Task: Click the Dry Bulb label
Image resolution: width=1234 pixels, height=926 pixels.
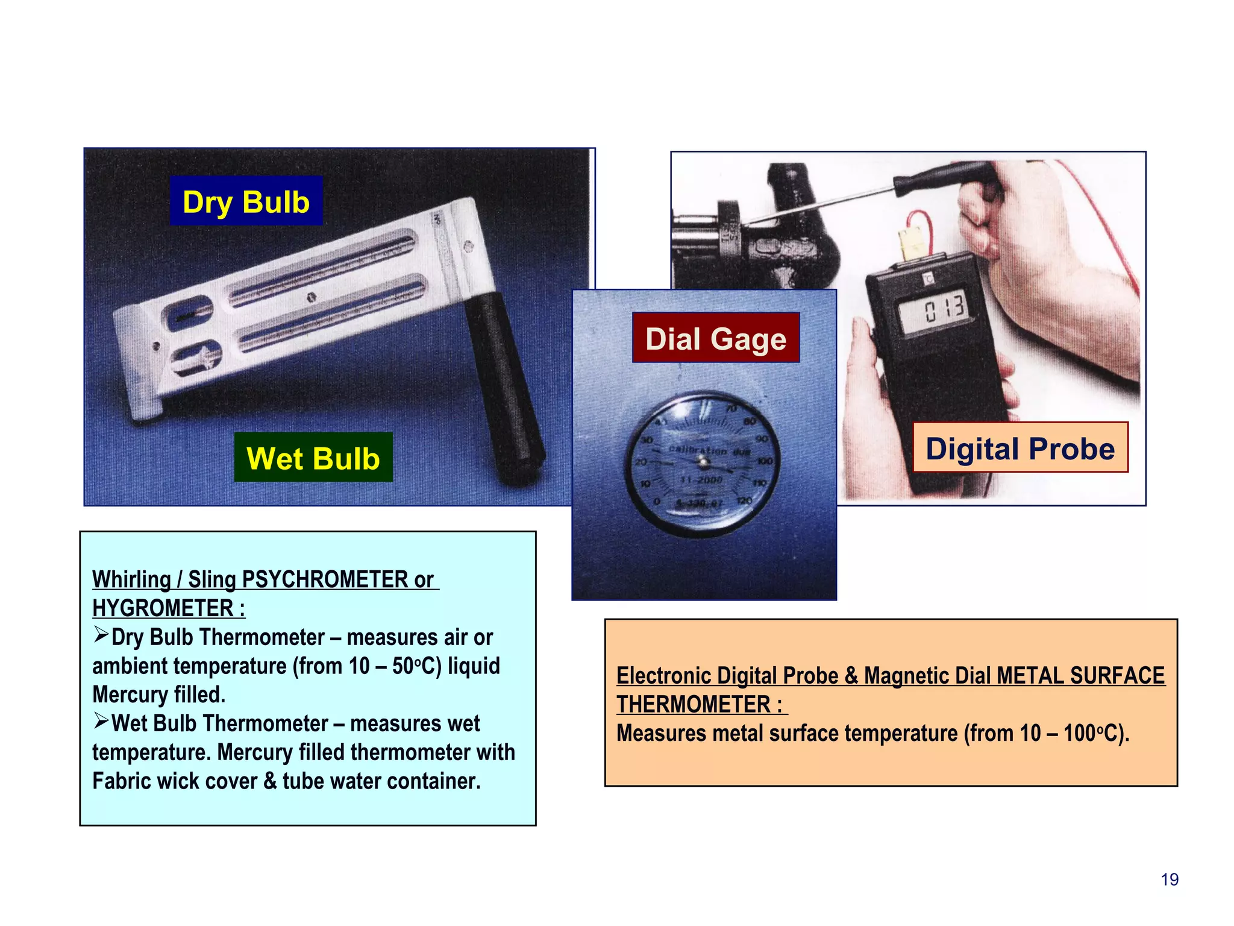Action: [x=246, y=201]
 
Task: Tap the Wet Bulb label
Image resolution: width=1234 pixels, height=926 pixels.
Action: [x=313, y=458]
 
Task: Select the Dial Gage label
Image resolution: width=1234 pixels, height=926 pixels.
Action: [x=716, y=338]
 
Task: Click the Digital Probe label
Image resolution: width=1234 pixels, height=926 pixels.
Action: [x=1020, y=448]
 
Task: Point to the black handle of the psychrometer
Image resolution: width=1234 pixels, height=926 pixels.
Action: [x=505, y=386]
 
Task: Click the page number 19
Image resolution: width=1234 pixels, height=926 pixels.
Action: [x=1170, y=880]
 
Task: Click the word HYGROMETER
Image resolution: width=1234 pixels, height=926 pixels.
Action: [x=163, y=608]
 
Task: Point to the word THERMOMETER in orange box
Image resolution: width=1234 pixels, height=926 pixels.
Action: [x=693, y=704]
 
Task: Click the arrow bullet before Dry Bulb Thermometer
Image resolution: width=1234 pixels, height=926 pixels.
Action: [x=101, y=635]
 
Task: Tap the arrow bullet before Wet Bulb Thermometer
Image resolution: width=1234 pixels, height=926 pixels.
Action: [x=101, y=721]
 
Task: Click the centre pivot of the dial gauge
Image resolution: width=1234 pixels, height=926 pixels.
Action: [x=702, y=462]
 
